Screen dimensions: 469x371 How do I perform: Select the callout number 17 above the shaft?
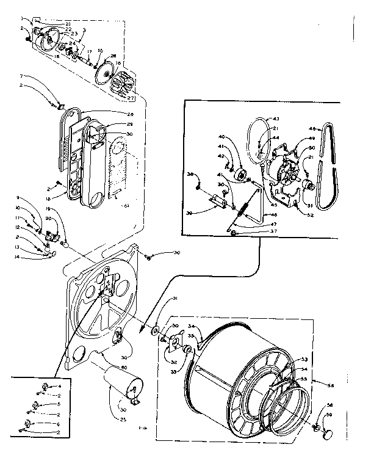click(89, 51)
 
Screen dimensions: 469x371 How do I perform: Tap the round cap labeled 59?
click(328, 432)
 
